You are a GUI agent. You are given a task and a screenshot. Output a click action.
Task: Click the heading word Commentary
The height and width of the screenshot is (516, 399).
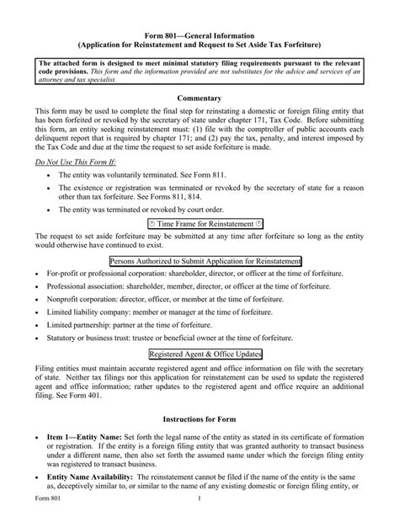point(199,98)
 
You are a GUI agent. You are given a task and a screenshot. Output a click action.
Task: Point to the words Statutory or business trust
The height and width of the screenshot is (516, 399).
point(92,338)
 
